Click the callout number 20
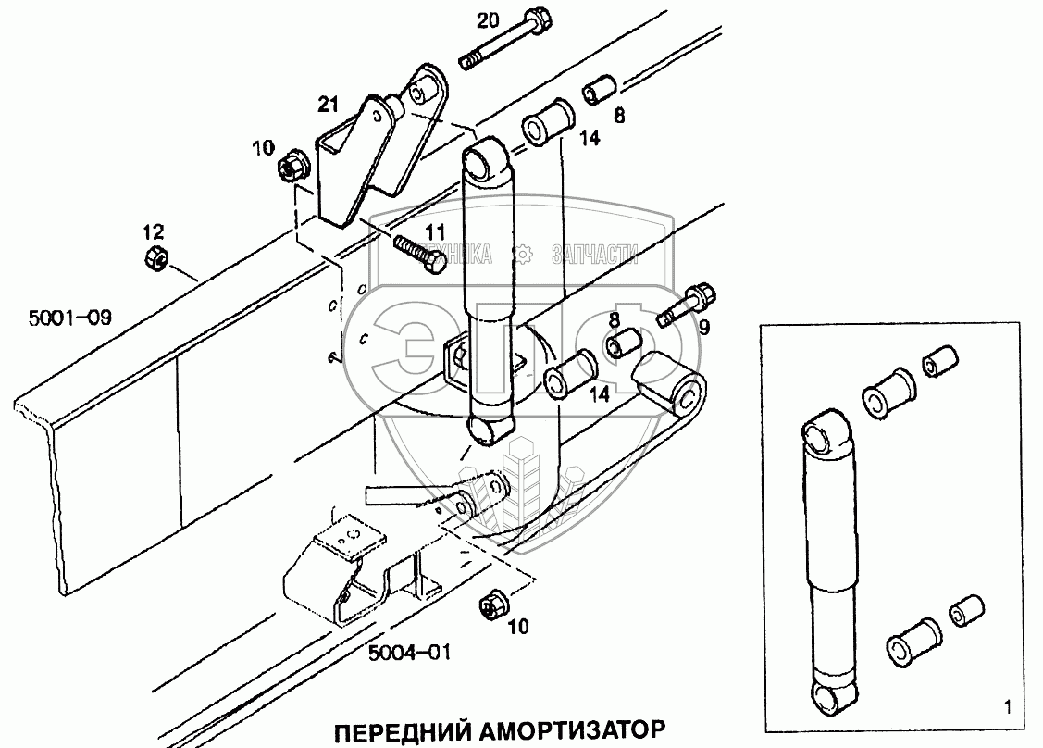(x=489, y=20)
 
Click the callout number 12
(x=153, y=230)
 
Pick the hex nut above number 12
(x=155, y=259)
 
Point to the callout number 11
(x=435, y=231)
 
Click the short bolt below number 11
(x=421, y=255)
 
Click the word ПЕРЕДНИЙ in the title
(x=400, y=728)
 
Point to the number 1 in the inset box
(x=1005, y=708)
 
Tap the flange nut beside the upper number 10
(x=292, y=168)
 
